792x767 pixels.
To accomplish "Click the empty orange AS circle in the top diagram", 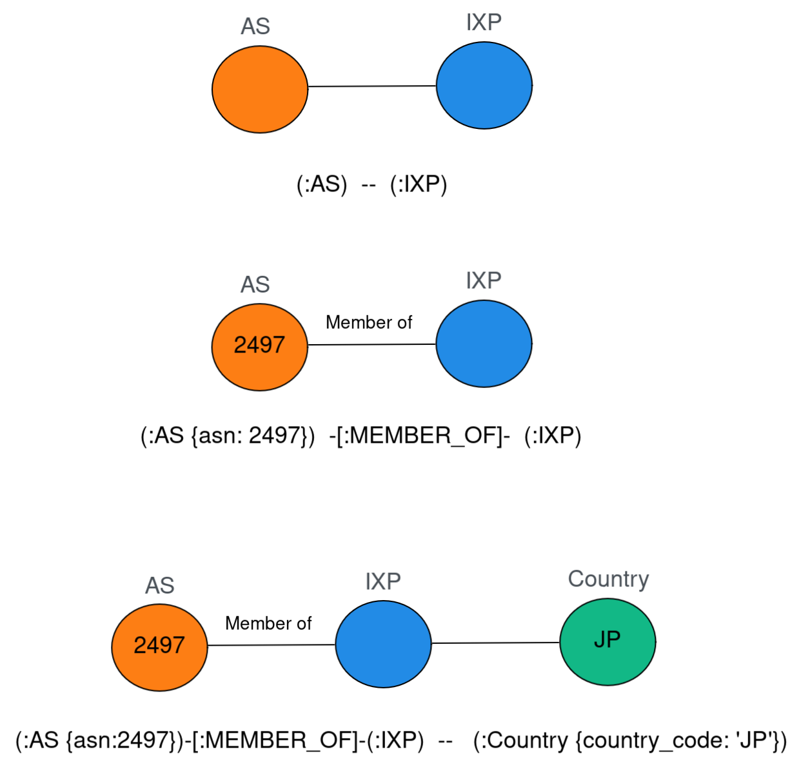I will coord(260,90).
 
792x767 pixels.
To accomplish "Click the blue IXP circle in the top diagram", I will coord(484,86).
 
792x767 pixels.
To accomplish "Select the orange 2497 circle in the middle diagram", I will coord(260,346).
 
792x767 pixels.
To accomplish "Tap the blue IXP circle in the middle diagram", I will coord(484,344).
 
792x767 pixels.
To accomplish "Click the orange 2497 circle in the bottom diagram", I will coord(159,646).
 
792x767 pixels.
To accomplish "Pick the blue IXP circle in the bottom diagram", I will coord(383,644).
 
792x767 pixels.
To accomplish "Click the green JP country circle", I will coord(608,641).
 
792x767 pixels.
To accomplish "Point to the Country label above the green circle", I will coord(608,579).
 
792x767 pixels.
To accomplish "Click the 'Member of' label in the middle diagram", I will coord(368,322).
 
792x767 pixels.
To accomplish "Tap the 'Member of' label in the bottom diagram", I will coord(268,623).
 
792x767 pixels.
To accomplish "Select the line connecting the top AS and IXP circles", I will coord(372,86).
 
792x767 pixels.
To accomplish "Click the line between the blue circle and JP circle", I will coord(495,643).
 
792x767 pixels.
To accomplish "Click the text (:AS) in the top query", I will coord(321,185).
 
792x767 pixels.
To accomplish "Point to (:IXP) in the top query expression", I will coord(419,185).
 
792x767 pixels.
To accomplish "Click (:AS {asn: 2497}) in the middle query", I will coord(227,436).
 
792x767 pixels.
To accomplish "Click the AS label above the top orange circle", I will coord(255,26).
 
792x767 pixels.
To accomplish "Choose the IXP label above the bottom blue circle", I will coord(382,581).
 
